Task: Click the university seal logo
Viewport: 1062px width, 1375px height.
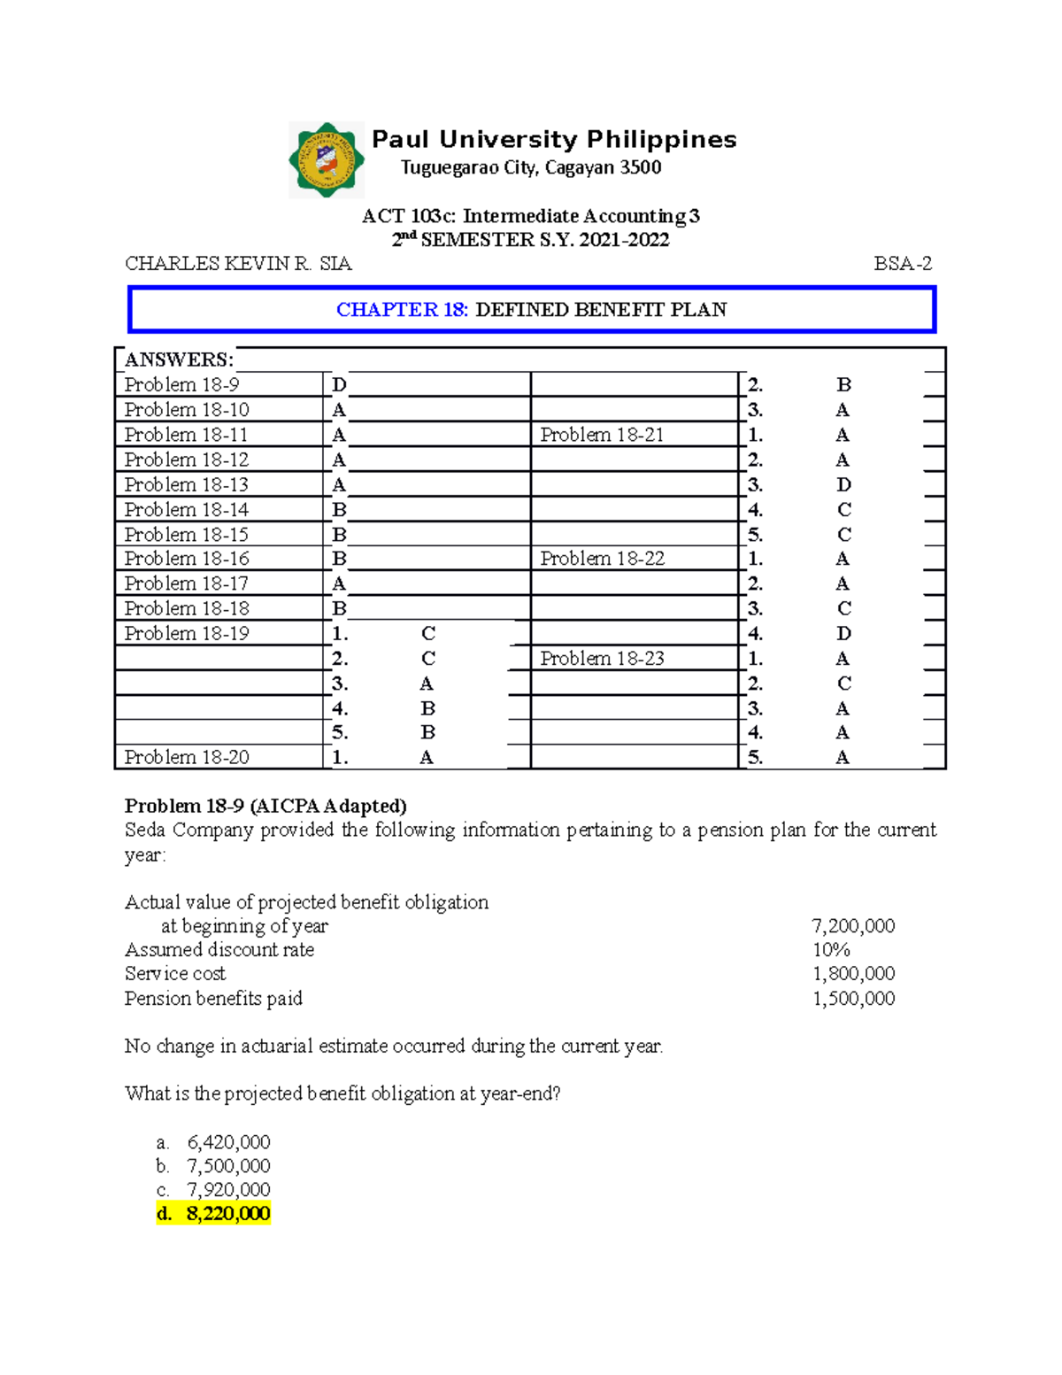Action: tap(327, 160)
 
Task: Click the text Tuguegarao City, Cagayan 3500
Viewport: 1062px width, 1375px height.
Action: tap(531, 167)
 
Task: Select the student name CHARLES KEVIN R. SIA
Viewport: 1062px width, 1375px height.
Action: tap(238, 264)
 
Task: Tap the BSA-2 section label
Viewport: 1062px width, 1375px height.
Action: tap(903, 264)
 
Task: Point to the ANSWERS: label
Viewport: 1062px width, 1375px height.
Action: tap(179, 359)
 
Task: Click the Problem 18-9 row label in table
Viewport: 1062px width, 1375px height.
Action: tap(181, 385)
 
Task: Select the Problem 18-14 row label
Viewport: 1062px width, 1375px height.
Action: tap(186, 510)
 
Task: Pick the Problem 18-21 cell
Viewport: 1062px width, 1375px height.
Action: tap(602, 435)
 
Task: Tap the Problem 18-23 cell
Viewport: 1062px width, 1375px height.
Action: tap(602, 659)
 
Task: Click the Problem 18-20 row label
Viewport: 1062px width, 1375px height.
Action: tap(186, 758)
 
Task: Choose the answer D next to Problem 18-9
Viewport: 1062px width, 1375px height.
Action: tap(339, 385)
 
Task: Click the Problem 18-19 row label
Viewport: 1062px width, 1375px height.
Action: tap(186, 634)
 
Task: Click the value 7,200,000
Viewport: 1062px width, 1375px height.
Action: tap(853, 926)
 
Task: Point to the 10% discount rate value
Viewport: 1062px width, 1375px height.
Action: tap(831, 950)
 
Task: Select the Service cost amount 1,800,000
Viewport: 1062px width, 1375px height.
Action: tap(853, 974)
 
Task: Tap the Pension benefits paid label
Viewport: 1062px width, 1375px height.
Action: tap(213, 999)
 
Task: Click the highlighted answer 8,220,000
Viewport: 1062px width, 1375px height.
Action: tap(227, 1214)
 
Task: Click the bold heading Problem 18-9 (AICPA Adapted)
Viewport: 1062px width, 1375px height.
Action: tap(265, 806)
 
